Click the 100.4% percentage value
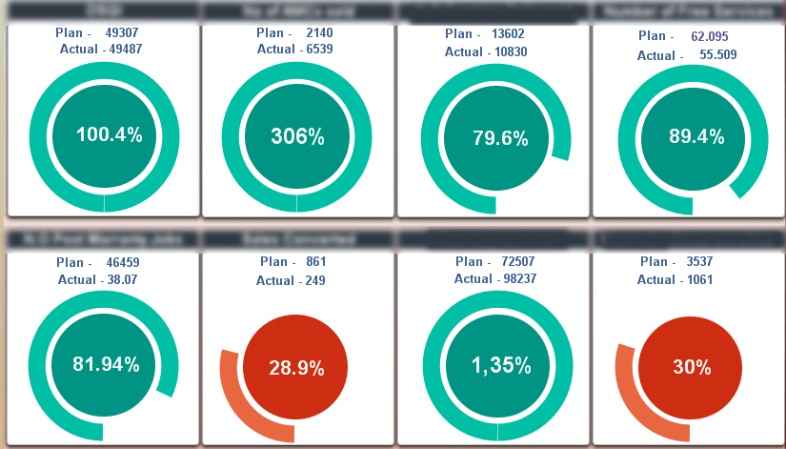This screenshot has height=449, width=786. pyautogui.click(x=109, y=135)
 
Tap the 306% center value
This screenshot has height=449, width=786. pyautogui.click(x=297, y=136)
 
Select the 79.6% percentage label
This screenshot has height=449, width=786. pyautogui.click(x=500, y=138)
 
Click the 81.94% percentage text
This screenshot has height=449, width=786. pyautogui.click(x=106, y=364)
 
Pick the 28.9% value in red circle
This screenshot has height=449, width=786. pyautogui.click(x=296, y=367)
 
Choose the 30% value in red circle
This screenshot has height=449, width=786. pyautogui.click(x=693, y=367)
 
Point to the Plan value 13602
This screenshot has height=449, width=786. pyautogui.click(x=508, y=33)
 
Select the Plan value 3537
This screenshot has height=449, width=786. pyautogui.click(x=699, y=261)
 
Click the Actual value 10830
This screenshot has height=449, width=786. pyautogui.click(x=511, y=51)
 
